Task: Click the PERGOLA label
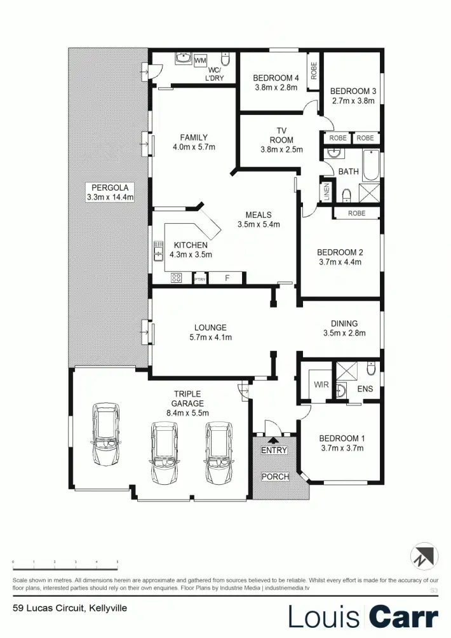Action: [109, 187]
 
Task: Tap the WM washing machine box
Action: [200, 60]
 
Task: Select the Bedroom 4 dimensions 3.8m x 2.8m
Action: [276, 88]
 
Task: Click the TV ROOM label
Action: [281, 135]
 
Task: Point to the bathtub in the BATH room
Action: [370, 165]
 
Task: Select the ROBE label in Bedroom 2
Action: [356, 214]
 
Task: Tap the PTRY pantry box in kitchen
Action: [199, 278]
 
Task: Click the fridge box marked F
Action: [227, 278]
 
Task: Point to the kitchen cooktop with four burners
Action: [177, 278]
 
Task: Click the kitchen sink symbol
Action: [158, 252]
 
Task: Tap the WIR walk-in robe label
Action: [321, 384]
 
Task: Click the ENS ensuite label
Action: [365, 388]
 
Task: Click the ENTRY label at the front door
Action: [274, 451]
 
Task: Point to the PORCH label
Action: [276, 477]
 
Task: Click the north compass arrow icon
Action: [424, 555]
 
